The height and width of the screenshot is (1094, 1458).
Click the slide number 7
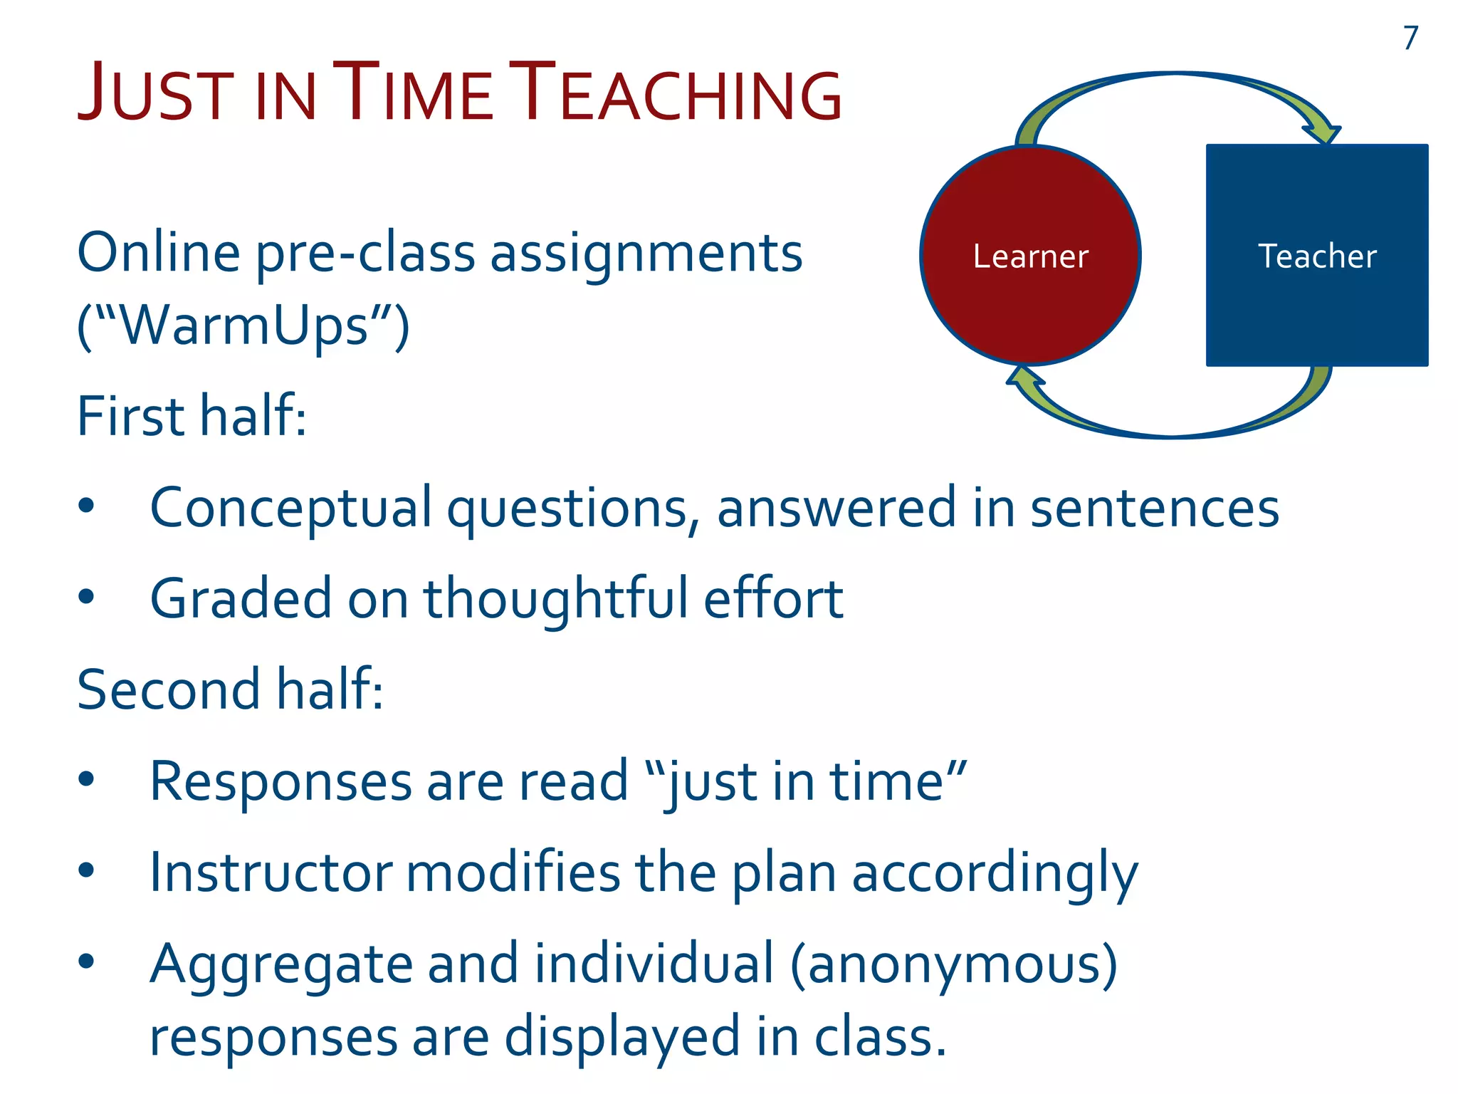coord(1410,38)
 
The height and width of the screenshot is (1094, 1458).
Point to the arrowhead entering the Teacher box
coord(1323,133)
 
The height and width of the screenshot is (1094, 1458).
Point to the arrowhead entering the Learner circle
coord(1024,377)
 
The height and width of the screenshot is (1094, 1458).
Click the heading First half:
coord(192,416)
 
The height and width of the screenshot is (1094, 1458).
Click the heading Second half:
coord(229,689)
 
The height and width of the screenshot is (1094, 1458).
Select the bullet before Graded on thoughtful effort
coord(86,597)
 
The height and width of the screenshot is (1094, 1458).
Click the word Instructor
coord(271,873)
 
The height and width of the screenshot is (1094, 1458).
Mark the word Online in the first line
coord(158,252)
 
